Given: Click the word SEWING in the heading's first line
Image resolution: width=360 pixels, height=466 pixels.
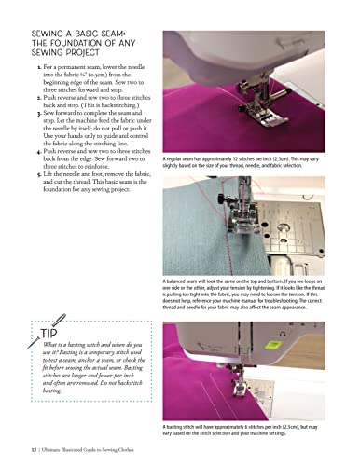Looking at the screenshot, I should tap(49, 33).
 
